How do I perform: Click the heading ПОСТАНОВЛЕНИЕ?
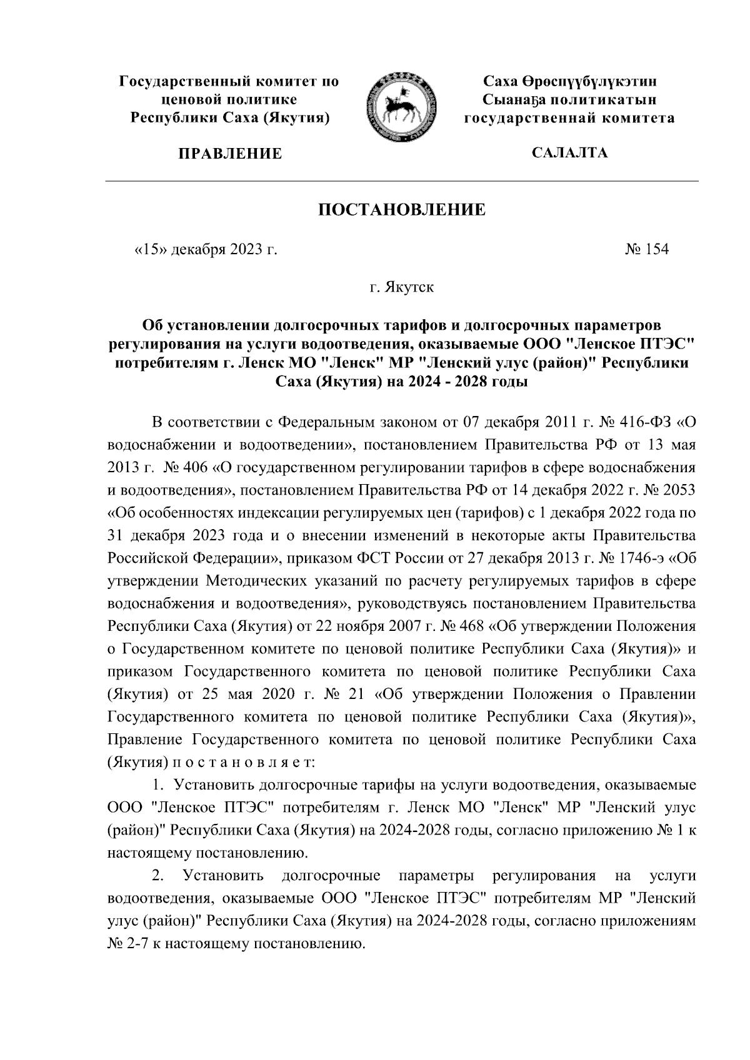[x=402, y=209]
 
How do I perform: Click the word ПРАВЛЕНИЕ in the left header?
[x=230, y=154]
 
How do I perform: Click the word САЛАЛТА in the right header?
[x=568, y=152]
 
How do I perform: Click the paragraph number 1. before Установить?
[x=160, y=785]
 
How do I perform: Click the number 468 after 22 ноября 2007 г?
[x=472, y=625]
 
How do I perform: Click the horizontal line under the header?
[x=401, y=182]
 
